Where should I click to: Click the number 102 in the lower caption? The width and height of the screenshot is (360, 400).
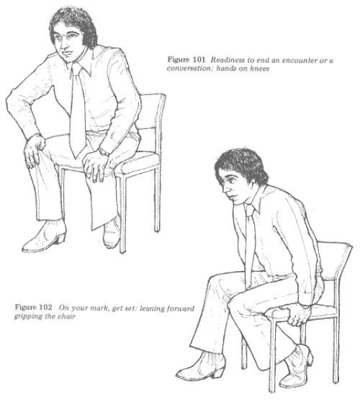tap(45, 307)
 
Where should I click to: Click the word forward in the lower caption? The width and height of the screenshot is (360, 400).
tap(181, 308)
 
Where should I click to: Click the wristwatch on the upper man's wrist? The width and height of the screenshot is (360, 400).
tap(104, 151)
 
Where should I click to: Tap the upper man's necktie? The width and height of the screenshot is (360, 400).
tap(78, 110)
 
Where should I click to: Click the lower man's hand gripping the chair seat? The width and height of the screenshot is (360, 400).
tap(299, 315)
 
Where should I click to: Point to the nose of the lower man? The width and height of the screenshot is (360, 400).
tap(225, 189)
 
